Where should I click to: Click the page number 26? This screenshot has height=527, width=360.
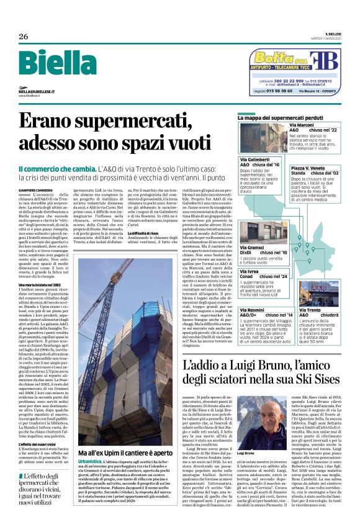(23, 37)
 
